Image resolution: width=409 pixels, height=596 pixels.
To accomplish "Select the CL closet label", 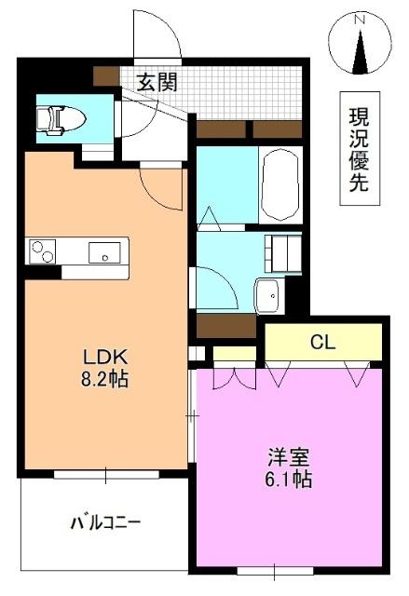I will click(322, 343).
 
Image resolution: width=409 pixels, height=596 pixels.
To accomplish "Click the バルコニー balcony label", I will click(105, 522).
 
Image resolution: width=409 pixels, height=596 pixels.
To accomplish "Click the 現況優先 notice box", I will click(358, 150).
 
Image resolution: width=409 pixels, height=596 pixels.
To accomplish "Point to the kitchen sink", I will click(102, 251).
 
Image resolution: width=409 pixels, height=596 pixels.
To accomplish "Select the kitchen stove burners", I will click(43, 251).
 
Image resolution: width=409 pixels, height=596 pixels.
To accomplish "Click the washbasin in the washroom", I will click(268, 296).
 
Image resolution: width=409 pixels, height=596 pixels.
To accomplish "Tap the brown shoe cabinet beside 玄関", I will click(104, 77).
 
